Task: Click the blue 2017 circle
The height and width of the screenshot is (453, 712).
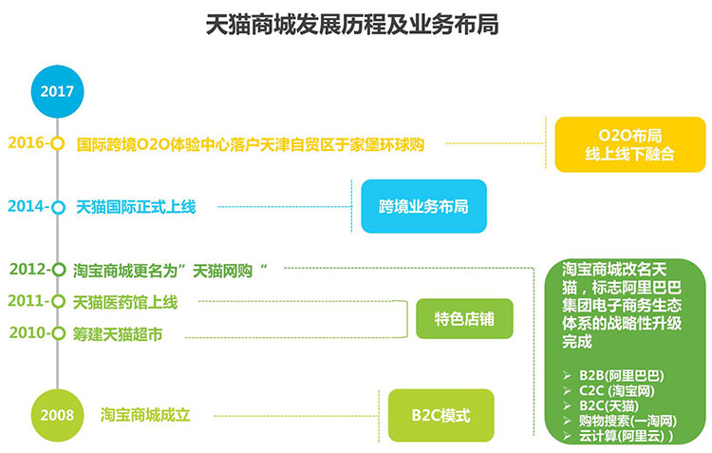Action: (x=57, y=91)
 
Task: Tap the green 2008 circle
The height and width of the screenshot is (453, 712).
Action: (x=57, y=415)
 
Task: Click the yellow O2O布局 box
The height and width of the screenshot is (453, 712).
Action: (x=629, y=144)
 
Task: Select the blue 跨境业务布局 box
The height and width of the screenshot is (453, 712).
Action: (x=423, y=206)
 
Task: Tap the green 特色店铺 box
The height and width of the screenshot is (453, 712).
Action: (x=464, y=318)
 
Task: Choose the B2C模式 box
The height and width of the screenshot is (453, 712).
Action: (x=440, y=415)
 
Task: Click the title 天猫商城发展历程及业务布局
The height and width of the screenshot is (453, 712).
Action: (x=352, y=25)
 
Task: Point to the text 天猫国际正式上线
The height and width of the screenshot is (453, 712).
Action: (x=136, y=207)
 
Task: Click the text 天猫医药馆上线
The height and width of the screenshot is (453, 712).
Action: (x=125, y=302)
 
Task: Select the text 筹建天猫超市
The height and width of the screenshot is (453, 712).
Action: (x=118, y=334)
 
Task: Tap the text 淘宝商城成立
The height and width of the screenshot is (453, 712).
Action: (x=145, y=415)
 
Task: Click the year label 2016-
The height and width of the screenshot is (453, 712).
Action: (x=28, y=142)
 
